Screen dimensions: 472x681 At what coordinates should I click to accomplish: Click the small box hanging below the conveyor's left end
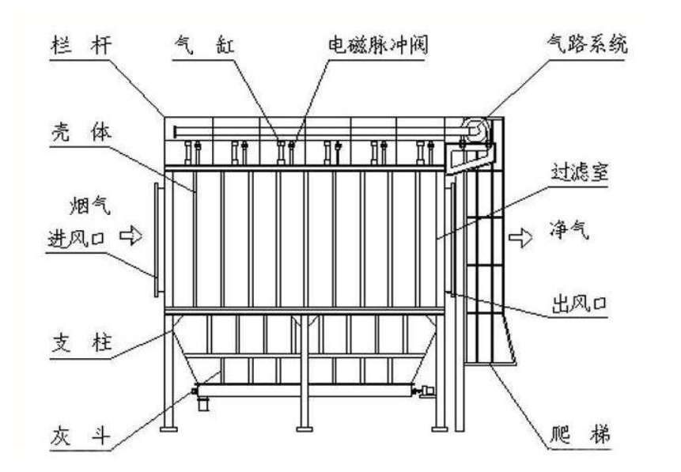(x=202, y=403)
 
